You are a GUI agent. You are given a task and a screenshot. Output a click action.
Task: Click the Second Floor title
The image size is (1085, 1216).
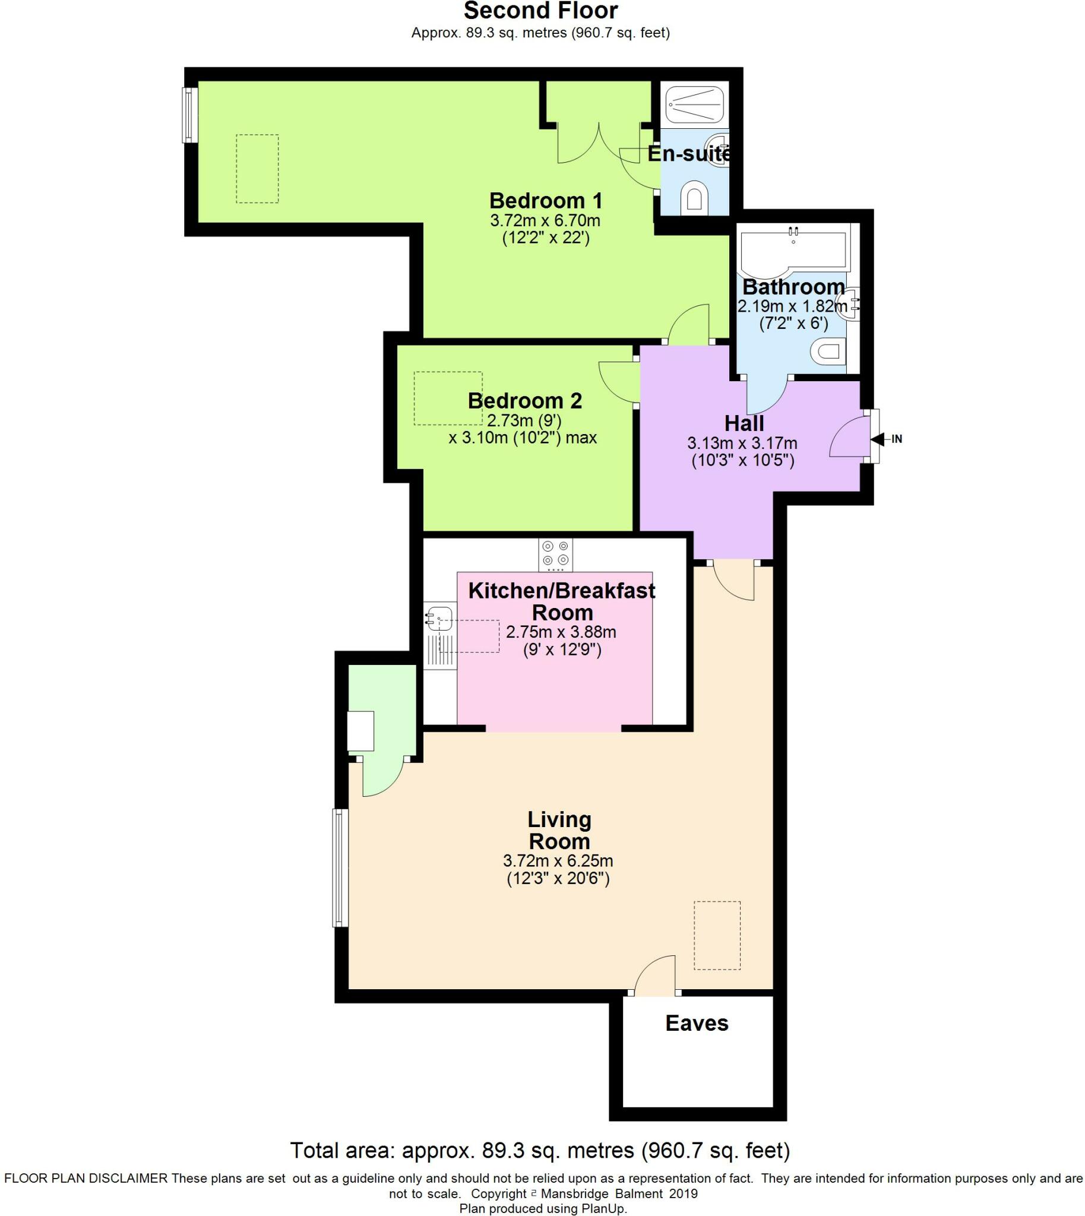540,11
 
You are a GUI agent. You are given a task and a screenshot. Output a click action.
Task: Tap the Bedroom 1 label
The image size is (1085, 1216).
546,200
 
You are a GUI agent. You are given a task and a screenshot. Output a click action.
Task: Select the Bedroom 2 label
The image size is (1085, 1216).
524,401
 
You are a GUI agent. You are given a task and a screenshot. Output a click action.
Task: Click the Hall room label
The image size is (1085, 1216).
744,423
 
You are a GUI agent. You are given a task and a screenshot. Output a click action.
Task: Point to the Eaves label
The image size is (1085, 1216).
697,1023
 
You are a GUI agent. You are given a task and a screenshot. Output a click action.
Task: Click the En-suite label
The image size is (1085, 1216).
688,154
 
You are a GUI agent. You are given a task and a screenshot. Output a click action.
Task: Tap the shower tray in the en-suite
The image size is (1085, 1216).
694,104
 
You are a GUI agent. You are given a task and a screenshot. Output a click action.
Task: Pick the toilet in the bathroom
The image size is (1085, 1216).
830,351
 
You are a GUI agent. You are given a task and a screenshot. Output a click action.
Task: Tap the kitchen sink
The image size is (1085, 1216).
440,619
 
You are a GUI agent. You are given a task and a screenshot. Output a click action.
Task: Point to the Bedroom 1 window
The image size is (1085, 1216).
189,115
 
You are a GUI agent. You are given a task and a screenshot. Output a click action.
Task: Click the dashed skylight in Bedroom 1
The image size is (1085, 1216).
257,169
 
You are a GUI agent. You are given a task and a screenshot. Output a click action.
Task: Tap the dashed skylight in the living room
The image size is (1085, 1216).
717,935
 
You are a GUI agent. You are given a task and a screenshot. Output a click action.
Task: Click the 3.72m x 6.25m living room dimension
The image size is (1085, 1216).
558,861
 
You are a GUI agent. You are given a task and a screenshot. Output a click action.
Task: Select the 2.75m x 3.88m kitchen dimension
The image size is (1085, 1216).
561,632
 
